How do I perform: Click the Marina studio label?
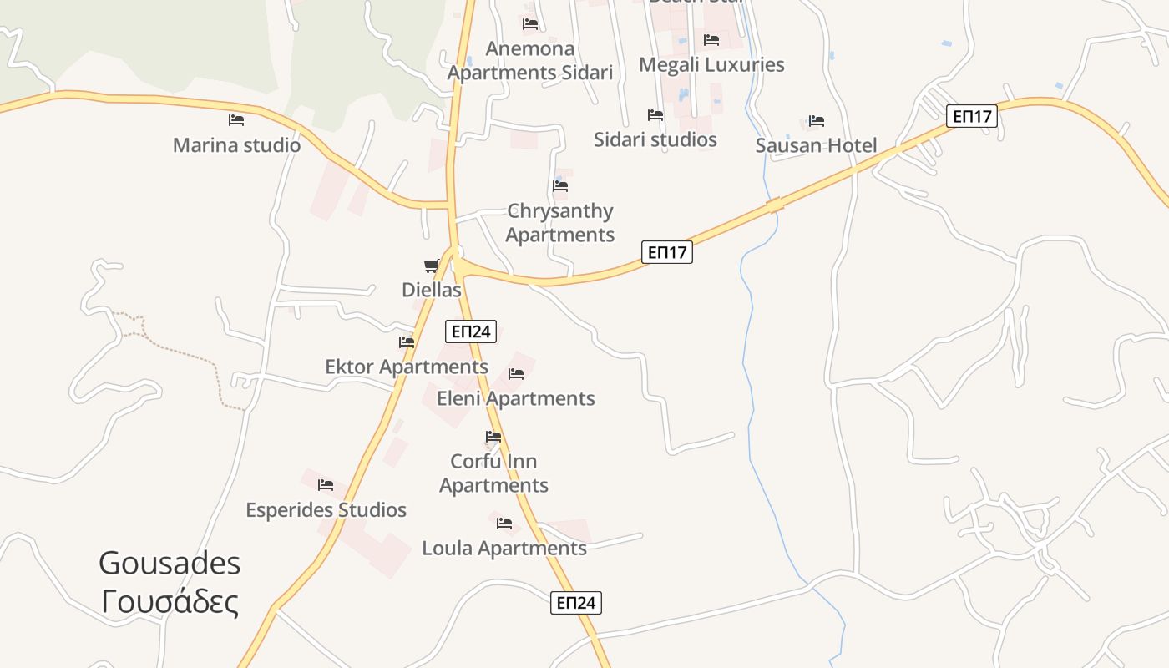[x=236, y=145]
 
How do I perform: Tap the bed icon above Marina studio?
[x=236, y=120]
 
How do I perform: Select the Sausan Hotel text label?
[x=816, y=146]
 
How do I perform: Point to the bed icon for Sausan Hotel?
[x=816, y=121]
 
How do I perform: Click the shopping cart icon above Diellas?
[x=432, y=266]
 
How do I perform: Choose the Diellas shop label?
[x=432, y=291]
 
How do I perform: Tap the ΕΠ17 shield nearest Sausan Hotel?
[x=972, y=116]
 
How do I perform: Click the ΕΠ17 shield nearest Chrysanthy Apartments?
[x=667, y=252]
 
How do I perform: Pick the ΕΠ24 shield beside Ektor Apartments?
[x=471, y=331]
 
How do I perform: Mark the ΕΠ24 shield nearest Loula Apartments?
[x=576, y=603]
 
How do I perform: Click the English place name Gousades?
[x=170, y=564]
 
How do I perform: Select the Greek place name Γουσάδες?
[x=170, y=601]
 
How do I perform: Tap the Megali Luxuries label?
[x=711, y=65]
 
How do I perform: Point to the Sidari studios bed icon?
[x=655, y=115]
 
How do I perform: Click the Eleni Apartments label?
[x=516, y=399]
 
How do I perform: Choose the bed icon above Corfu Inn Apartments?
[x=493, y=437]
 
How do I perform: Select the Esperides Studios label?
[x=326, y=510]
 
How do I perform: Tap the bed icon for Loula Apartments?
[x=504, y=524]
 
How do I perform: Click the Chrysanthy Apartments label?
[x=560, y=223]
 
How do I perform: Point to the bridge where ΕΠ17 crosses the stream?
[x=775, y=204]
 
